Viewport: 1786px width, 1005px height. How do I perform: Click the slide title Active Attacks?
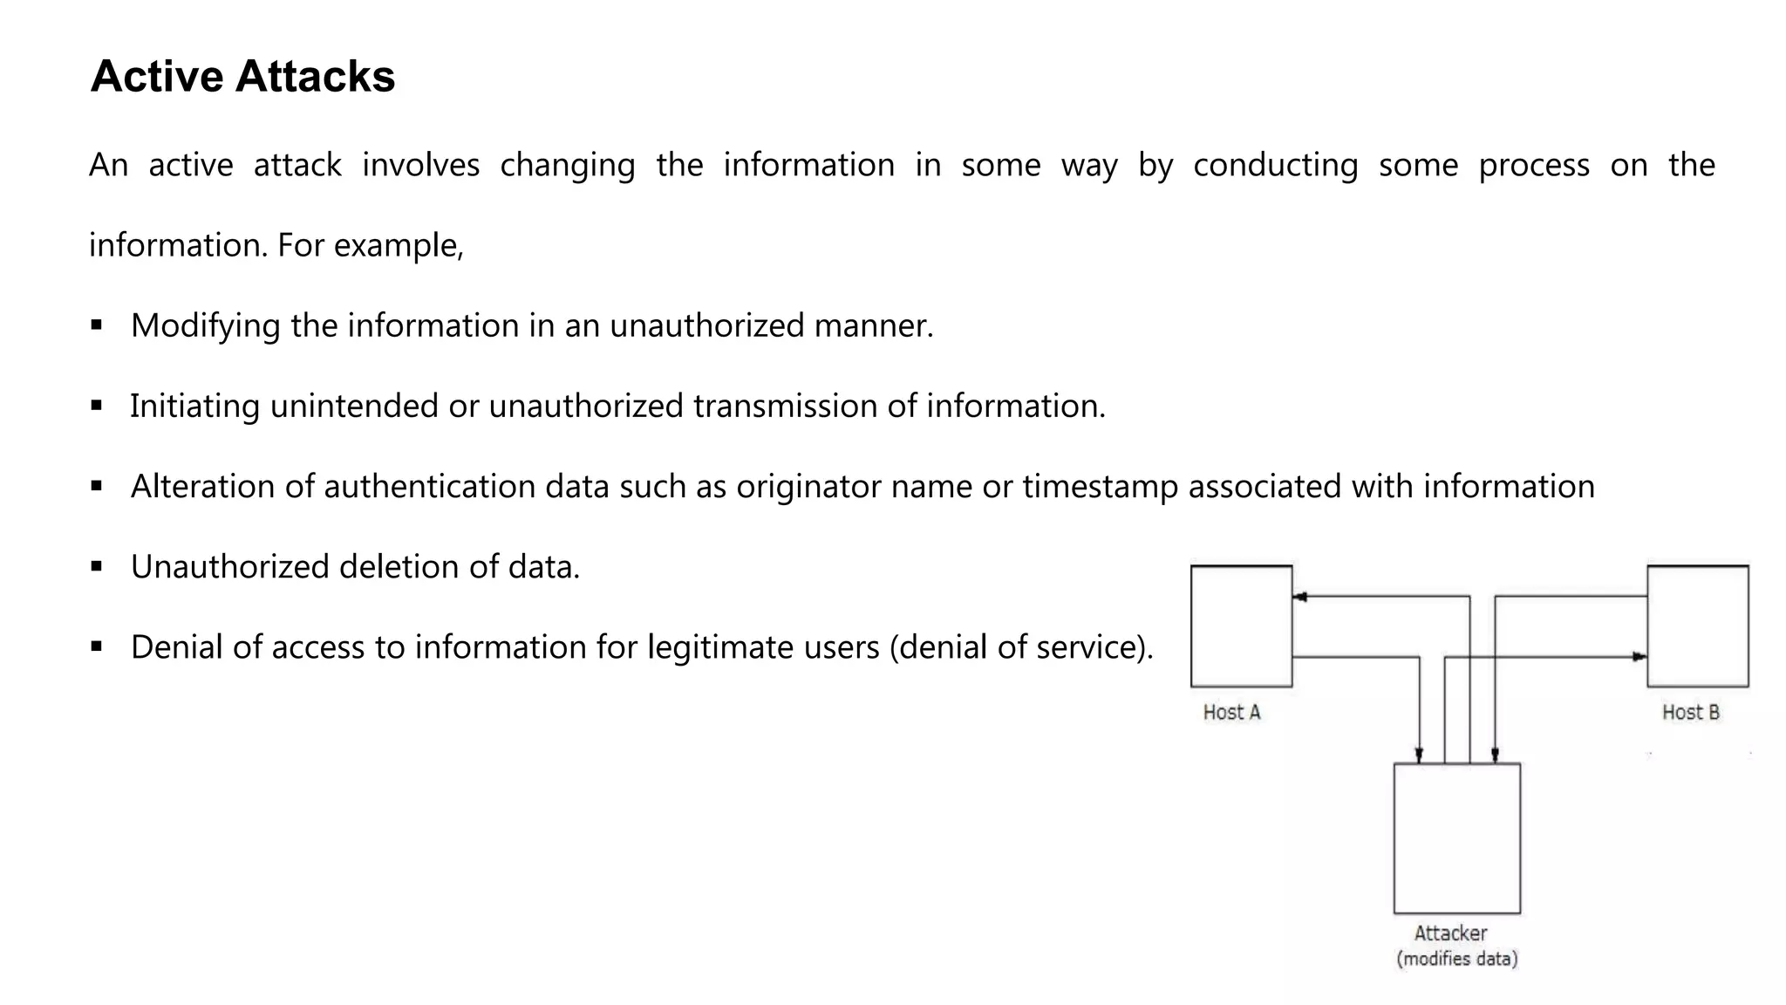coord(242,77)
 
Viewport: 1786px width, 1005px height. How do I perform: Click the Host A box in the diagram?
coord(1241,626)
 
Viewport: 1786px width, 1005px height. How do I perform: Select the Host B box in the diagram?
coord(1697,626)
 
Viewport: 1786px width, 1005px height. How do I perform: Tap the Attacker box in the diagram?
coord(1456,838)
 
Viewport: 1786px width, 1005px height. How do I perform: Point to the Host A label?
coord(1231,713)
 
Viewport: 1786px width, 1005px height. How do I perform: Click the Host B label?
coord(1690,713)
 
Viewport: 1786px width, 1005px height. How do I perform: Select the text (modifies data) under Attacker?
coord(1456,960)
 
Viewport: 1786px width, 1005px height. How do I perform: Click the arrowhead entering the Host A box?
coord(1299,597)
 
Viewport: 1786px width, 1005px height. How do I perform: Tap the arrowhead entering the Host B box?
coord(1639,657)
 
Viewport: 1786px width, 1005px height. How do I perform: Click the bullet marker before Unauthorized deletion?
coord(96,567)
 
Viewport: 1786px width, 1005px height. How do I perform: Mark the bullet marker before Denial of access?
coord(96,647)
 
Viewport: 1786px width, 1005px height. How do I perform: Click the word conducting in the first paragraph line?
coord(1275,166)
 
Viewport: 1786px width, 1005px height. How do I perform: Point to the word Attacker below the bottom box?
coord(1450,933)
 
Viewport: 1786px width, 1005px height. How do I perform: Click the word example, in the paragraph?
coord(399,246)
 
